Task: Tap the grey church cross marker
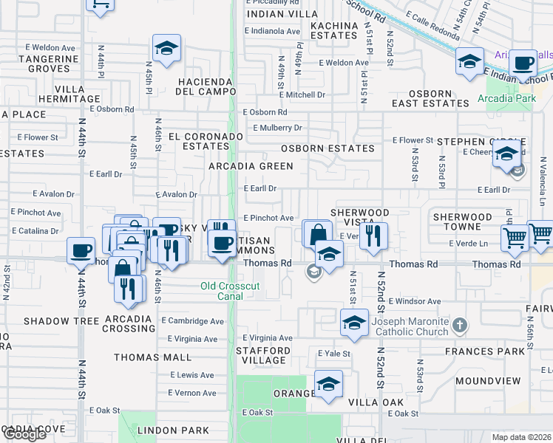tap(460, 325)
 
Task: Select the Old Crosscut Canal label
tap(220, 291)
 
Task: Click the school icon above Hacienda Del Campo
tap(167, 49)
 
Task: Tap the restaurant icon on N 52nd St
tap(374, 236)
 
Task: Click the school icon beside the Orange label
tap(328, 384)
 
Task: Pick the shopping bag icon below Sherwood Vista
tap(317, 234)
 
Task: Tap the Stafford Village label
tap(263, 356)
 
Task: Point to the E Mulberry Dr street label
tap(277, 128)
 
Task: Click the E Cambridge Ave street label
tap(195, 321)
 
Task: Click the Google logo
tap(24, 434)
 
